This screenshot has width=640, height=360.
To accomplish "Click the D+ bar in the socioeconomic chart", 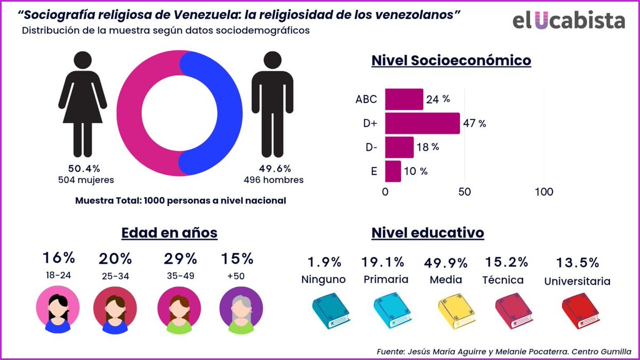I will pos(422,123).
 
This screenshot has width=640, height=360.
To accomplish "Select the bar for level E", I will pos(393,171).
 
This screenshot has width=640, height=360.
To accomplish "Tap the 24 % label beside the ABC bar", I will pos(438,99).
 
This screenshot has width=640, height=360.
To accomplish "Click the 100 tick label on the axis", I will pos(544,192).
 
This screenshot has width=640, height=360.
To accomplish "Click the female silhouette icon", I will pos(83,104).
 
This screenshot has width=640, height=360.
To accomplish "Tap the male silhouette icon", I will pos(273,104).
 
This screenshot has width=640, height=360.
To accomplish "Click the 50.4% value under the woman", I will pos(83,168).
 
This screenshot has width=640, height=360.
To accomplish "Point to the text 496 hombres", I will pos(274,180).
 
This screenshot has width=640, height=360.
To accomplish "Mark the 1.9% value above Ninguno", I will pos(324,262).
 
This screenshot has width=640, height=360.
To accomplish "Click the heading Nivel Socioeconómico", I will pos(451,60).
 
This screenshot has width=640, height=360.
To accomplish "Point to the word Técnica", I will pos(503,279).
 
